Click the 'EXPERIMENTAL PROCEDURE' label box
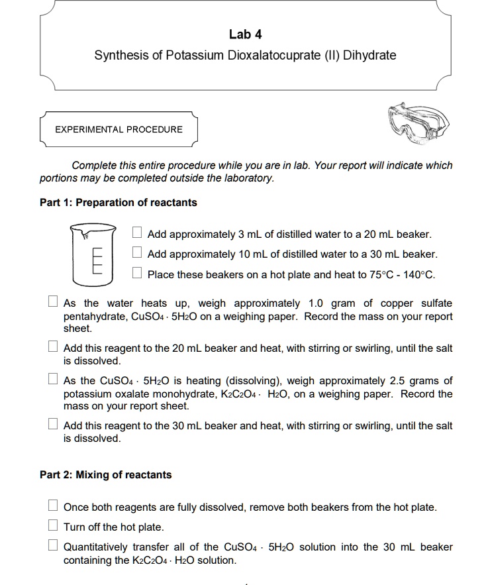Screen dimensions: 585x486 point(119,129)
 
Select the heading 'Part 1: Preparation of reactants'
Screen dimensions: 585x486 point(119,203)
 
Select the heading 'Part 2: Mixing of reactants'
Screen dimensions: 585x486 point(105,475)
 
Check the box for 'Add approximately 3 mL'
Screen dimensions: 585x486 point(137,233)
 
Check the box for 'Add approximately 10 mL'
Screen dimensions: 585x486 point(137,252)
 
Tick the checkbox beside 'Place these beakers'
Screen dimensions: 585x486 point(137,272)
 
